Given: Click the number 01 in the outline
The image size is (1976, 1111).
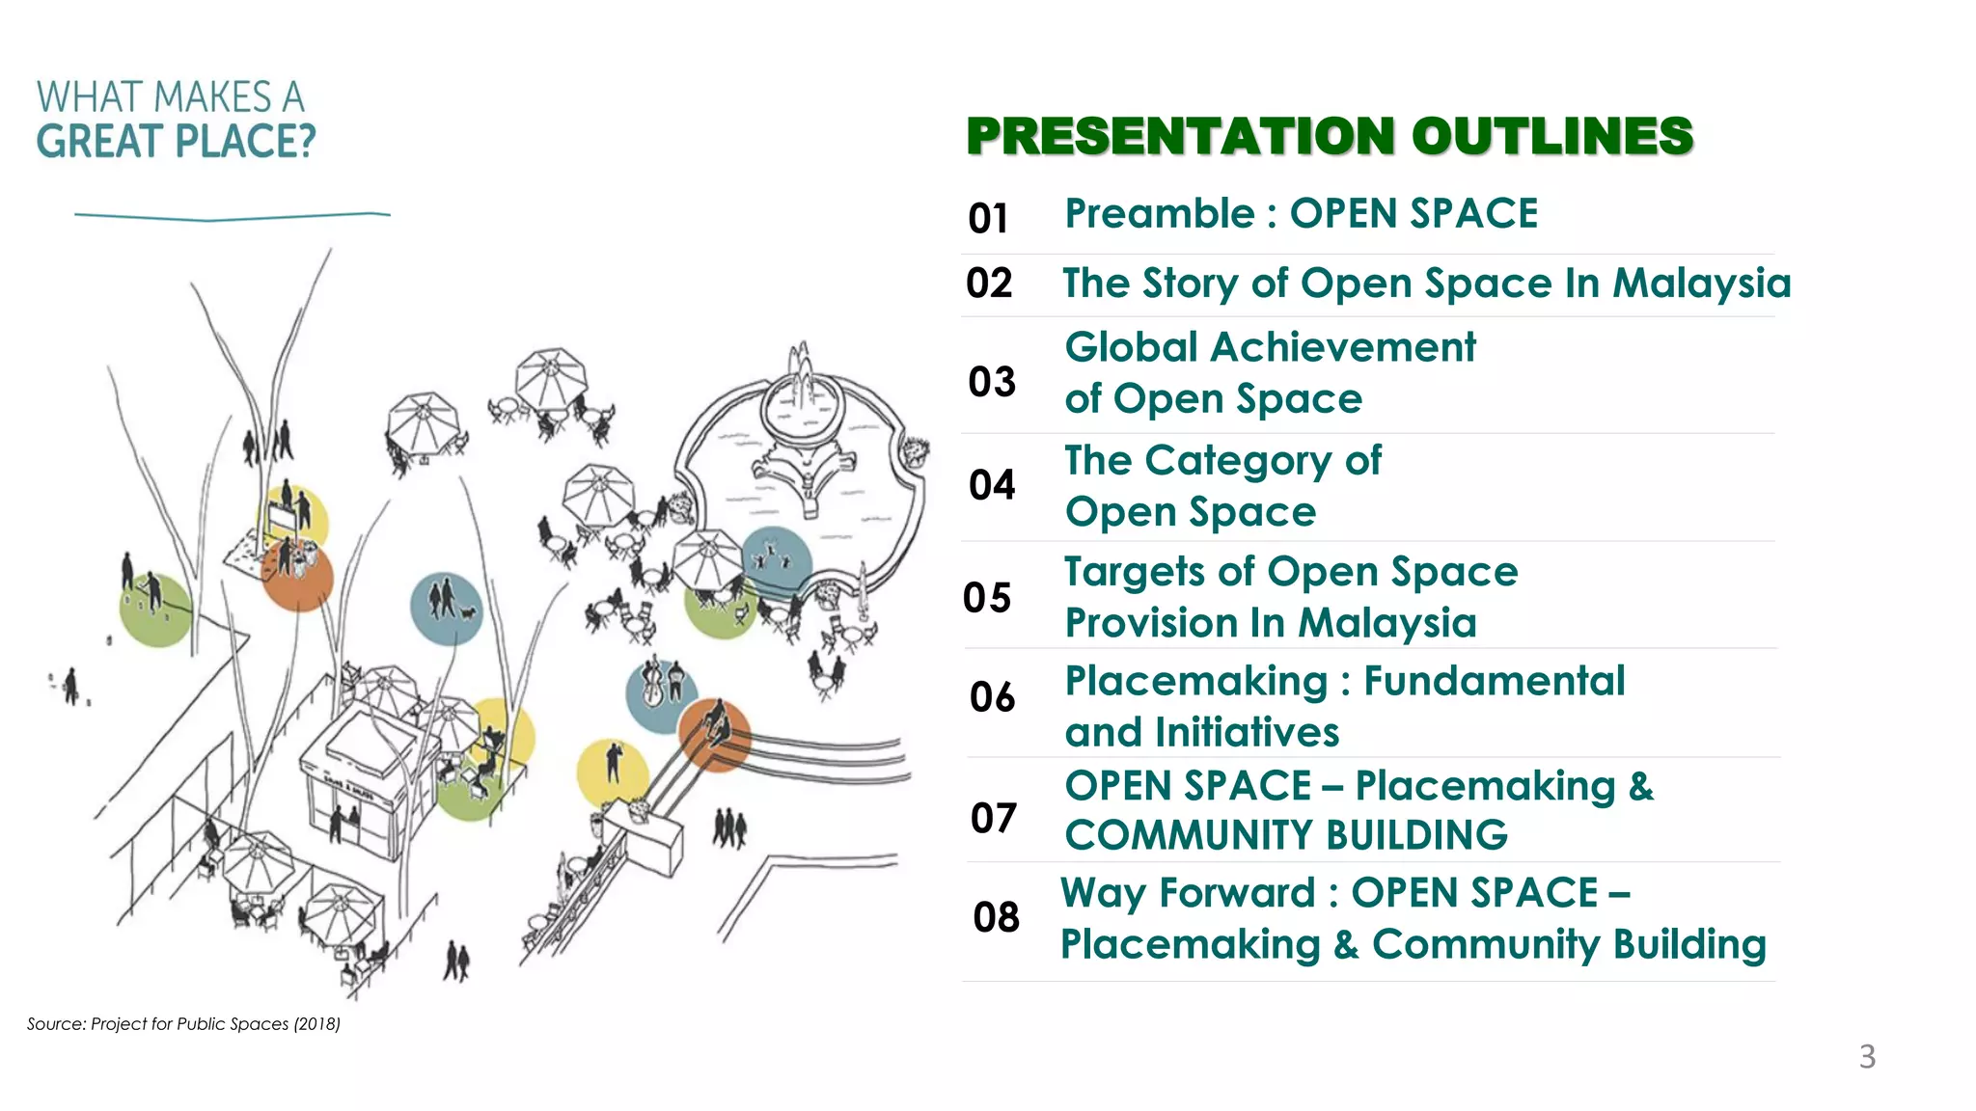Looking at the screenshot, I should [x=988, y=218].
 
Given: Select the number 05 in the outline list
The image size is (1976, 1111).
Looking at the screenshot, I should [x=987, y=598].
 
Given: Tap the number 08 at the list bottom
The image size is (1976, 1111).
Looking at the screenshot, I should [x=996, y=917].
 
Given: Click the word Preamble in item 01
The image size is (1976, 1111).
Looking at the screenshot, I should [x=1159, y=214].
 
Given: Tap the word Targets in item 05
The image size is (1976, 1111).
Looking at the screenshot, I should [x=1133, y=572].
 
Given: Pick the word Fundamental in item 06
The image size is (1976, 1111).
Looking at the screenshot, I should [x=1494, y=681].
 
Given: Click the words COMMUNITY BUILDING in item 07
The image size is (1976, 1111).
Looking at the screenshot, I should [x=1285, y=835].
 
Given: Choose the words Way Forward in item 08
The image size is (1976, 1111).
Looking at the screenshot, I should [x=1187, y=893].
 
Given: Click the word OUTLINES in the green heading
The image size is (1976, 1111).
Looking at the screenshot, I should [x=1551, y=136].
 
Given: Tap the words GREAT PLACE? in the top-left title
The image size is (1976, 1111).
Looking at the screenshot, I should [x=176, y=142].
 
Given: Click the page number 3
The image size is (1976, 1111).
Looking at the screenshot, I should [x=1867, y=1057].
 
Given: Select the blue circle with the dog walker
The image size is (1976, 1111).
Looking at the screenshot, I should [x=446, y=608].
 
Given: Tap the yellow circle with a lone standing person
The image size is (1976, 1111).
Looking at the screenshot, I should [x=612, y=772].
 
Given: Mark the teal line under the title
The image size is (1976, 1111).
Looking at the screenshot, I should [x=232, y=216].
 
